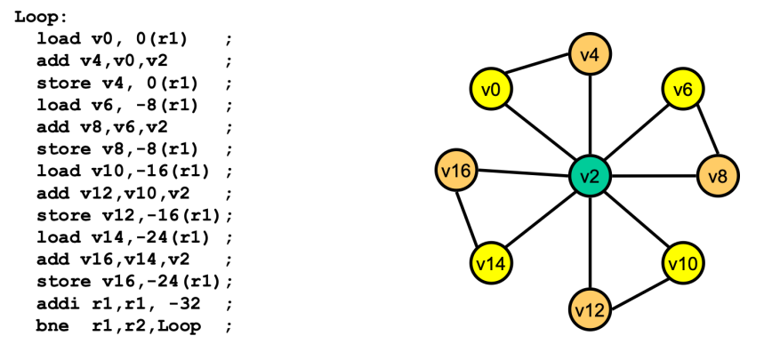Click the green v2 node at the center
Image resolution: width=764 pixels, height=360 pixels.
click(x=590, y=175)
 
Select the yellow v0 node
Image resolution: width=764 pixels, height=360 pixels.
click(x=490, y=89)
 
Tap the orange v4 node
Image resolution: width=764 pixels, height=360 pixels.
click(x=590, y=55)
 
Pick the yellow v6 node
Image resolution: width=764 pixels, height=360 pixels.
click(x=683, y=89)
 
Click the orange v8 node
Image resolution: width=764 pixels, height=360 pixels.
click(x=718, y=175)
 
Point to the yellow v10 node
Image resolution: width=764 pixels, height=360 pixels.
click(x=683, y=263)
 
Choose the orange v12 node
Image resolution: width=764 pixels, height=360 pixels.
click(x=590, y=309)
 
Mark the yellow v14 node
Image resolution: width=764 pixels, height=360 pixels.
click(x=490, y=263)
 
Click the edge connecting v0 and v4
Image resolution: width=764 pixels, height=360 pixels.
click(x=540, y=71)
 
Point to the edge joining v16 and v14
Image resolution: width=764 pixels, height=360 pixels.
click(x=472, y=216)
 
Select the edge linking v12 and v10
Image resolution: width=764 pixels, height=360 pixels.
click(x=637, y=286)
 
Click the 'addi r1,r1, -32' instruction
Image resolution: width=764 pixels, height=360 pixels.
click(x=120, y=305)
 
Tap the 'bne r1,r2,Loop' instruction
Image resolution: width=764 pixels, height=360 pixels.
click(x=120, y=325)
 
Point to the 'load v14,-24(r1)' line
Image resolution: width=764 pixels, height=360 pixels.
click(x=124, y=238)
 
